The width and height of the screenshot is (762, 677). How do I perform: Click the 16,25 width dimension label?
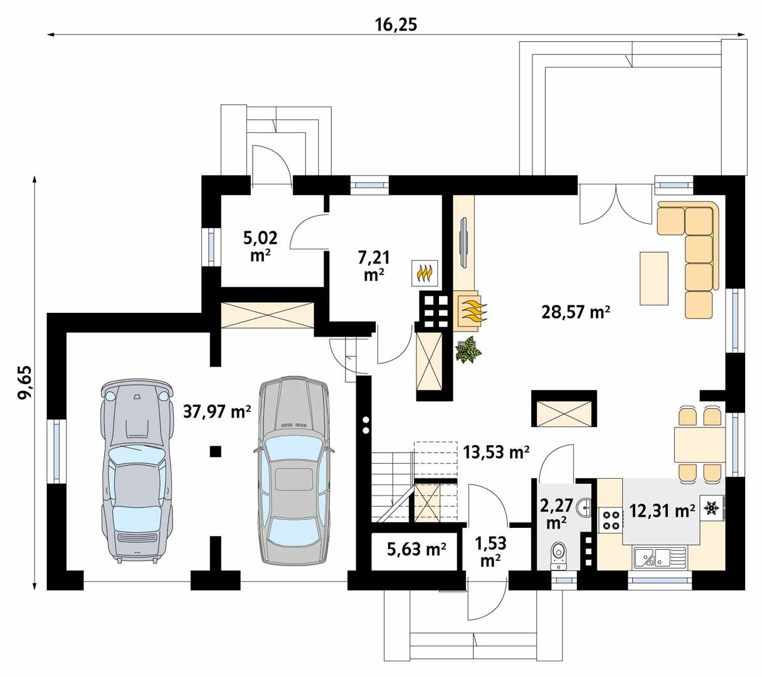(396, 24)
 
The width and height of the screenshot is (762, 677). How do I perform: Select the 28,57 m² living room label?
(576, 312)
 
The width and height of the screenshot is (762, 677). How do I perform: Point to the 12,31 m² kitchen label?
(662, 511)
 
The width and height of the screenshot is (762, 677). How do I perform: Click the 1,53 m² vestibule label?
(489, 550)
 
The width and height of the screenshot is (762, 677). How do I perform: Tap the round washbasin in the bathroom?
(584, 505)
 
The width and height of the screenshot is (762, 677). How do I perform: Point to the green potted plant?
(468, 350)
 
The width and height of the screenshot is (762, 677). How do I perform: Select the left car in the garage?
(136, 470)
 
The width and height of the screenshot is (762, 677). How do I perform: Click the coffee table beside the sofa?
(654, 278)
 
